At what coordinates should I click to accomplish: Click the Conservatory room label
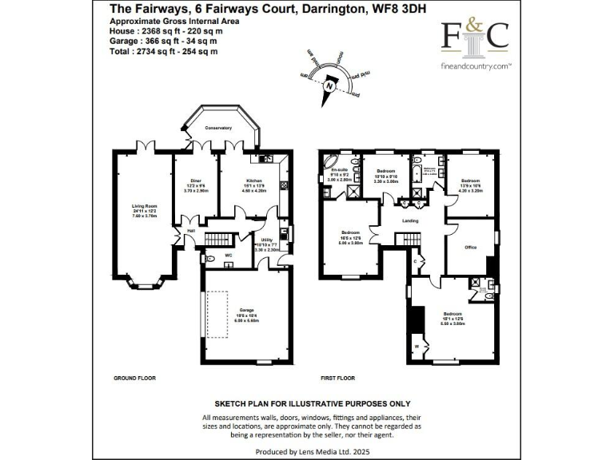(x=217, y=128)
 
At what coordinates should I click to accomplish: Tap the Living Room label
(x=144, y=206)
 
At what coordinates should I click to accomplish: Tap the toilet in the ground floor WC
(x=209, y=258)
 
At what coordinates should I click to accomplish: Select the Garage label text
(x=245, y=311)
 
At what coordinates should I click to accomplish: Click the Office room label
(x=471, y=248)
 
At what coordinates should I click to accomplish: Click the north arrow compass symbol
(x=328, y=82)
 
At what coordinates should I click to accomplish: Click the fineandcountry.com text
(x=476, y=67)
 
